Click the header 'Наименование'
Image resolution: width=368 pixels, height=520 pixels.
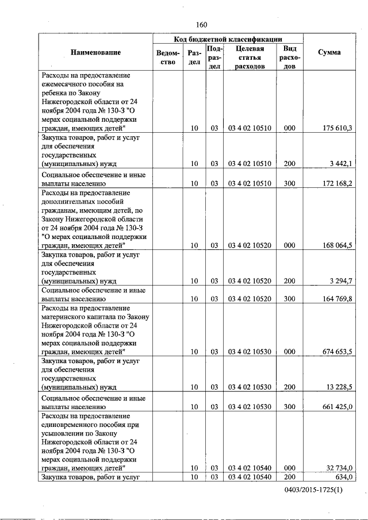click(95, 53)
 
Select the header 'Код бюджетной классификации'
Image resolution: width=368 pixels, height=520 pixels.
click(228, 39)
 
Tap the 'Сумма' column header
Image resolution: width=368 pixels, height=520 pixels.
click(329, 52)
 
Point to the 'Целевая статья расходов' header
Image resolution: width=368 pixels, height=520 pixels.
click(250, 57)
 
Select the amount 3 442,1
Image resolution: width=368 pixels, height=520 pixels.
click(341, 164)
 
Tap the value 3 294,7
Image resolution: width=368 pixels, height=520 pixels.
click(341, 281)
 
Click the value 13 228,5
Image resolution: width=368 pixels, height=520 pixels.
click(339, 387)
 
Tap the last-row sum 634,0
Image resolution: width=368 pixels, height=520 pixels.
click(343, 477)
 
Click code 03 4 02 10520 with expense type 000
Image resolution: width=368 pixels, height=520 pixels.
click(250, 245)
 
